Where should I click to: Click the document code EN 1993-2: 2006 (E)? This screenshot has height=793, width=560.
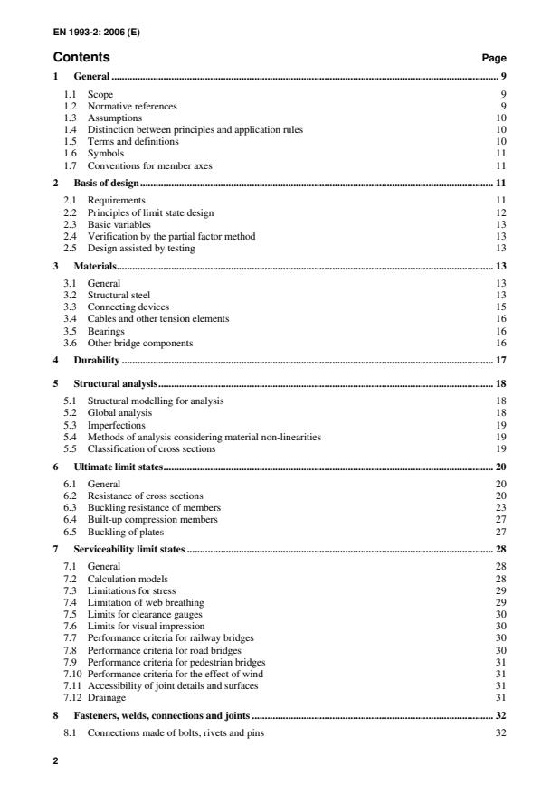(x=98, y=34)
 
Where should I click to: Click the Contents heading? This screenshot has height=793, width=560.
(x=81, y=57)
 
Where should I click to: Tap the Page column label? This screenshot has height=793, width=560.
(x=494, y=58)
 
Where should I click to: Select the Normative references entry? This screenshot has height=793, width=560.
(x=132, y=106)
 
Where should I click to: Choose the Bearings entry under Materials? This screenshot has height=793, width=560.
(x=108, y=331)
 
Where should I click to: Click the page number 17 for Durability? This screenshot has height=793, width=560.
(x=500, y=360)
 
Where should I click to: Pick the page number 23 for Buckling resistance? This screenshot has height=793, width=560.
(x=500, y=507)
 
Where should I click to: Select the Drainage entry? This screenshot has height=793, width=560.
(x=107, y=696)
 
